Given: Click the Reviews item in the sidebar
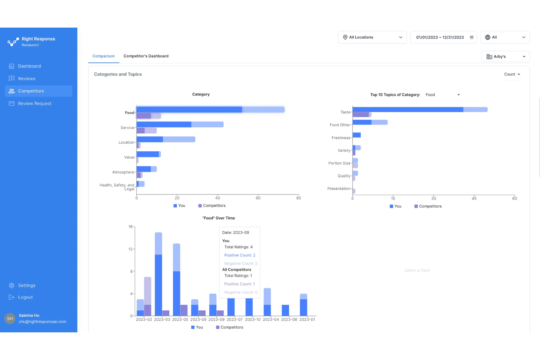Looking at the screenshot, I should click(x=27, y=78).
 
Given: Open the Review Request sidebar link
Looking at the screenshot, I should click(x=35, y=104).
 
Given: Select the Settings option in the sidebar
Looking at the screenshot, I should click(x=27, y=285).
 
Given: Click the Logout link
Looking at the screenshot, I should click(x=25, y=297).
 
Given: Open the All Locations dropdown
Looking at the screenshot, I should click(x=372, y=37).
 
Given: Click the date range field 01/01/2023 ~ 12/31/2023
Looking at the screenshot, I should click(x=443, y=37).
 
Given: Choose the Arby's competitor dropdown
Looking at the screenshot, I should click(x=505, y=57).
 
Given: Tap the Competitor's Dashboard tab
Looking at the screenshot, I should click(x=146, y=56).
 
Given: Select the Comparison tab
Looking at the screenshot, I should click(x=104, y=56).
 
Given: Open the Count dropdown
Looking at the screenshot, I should click(x=512, y=74).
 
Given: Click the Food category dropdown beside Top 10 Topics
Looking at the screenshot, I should click(x=443, y=95).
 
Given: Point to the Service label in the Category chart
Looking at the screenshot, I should click(x=127, y=128).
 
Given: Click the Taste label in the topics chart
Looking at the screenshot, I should click(x=345, y=112).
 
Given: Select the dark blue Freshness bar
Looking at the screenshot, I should click(x=356, y=135).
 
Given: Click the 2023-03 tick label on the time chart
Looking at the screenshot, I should click(x=162, y=320).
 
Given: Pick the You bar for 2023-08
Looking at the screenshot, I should click(x=285, y=310).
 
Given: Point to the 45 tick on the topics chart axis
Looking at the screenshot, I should click(x=474, y=198).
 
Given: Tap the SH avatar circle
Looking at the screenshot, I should click(x=10, y=318).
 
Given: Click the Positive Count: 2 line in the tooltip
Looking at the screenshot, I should click(x=240, y=255).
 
